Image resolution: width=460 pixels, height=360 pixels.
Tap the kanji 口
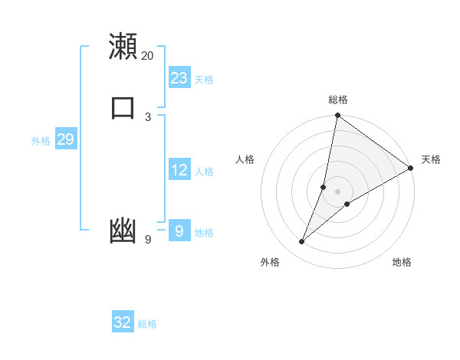(123, 106)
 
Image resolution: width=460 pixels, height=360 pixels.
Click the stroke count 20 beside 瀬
(147, 56)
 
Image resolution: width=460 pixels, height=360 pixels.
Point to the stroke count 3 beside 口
(148, 116)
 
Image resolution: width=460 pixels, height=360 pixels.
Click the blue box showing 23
(179, 78)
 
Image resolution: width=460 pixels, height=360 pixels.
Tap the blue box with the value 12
(179, 170)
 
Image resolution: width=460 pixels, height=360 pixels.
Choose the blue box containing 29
(65, 139)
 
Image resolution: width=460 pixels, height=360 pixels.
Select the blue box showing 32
(123, 322)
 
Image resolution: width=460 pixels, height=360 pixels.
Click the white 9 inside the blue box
(179, 231)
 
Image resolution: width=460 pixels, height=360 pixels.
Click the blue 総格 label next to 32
(147, 324)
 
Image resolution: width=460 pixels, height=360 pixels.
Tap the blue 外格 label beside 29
(41, 141)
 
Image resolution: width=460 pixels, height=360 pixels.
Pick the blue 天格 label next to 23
(204, 80)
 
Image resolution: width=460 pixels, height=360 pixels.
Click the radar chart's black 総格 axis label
(337, 100)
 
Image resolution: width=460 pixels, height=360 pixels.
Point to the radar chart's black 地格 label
(402, 262)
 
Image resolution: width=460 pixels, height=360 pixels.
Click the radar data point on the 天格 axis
(411, 168)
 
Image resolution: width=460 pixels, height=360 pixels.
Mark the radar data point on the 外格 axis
(302, 242)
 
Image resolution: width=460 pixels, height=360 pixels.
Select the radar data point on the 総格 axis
(337, 116)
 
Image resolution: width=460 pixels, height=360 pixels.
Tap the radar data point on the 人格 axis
(324, 187)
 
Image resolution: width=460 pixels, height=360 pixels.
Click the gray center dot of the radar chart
(337, 191)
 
